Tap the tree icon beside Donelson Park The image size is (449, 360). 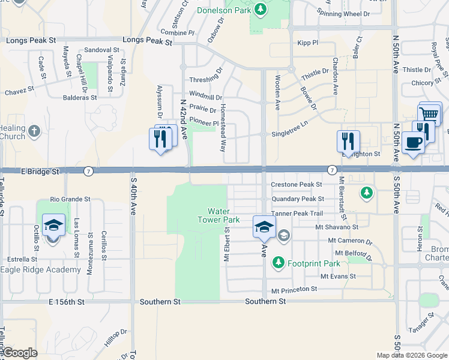260,9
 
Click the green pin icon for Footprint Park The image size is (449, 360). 278,262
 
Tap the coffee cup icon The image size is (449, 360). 413,142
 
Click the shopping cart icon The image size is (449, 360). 429,114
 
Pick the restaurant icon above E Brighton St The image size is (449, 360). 348,141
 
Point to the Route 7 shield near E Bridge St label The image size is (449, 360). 88,171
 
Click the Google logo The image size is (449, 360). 20,353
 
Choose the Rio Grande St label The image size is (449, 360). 70,199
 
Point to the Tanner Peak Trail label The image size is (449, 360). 297,214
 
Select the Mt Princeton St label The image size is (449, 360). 294,289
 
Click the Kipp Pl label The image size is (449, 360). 307,43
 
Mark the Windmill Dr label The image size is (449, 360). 205,96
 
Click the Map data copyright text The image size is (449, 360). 412,355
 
